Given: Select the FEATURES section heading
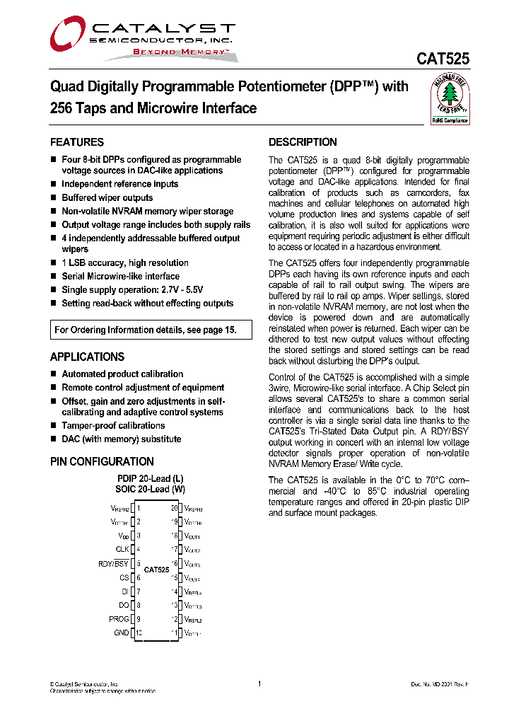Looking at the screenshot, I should pyautogui.click(x=77, y=142).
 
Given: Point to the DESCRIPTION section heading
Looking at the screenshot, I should pyautogui.click(x=303, y=142).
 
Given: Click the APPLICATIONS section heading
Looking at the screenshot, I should pyautogui.click(x=87, y=357).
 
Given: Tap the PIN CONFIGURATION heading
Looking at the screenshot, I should pyautogui.click(x=102, y=461).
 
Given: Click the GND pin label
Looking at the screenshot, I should pyautogui.click(x=122, y=633).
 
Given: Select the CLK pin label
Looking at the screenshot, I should pyautogui.click(x=122, y=549).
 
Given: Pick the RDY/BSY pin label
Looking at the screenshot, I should pyautogui.click(x=114, y=563).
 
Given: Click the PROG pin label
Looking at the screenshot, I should pyautogui.click(x=119, y=619).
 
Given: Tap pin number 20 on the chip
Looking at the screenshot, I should pyautogui.click(x=174, y=508).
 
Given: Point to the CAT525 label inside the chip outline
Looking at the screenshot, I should pyautogui.click(x=156, y=570).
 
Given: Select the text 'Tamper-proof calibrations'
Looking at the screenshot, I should pyautogui.click(x=113, y=425).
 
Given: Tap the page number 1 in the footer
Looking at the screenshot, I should pyautogui.click(x=259, y=683).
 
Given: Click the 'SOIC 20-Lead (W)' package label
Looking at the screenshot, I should pyautogui.click(x=150, y=489).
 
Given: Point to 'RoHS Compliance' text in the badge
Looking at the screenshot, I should pyautogui.click(x=450, y=120).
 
